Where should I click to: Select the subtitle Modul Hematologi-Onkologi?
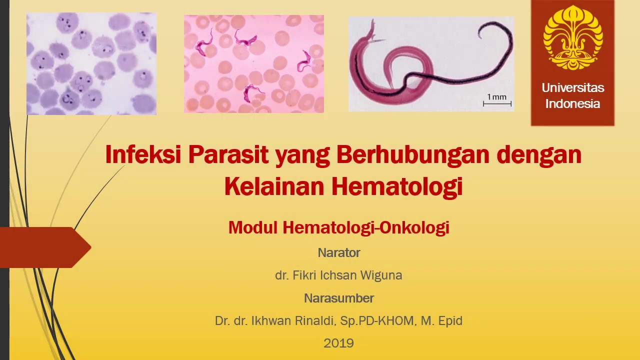tap(338, 227)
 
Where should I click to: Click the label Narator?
tap(338, 253)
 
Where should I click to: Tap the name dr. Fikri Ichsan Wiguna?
tap(338, 275)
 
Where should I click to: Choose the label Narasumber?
tap(338, 298)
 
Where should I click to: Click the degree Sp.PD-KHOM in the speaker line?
tap(377, 321)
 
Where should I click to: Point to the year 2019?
tap(338, 343)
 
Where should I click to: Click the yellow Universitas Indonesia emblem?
tap(572, 37)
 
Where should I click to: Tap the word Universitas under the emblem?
tap(572, 88)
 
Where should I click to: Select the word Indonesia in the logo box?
tap(572, 104)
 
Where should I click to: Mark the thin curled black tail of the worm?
tap(495, 32)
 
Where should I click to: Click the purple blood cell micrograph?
tap(91, 64)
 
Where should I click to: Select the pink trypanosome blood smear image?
tap(253, 64)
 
